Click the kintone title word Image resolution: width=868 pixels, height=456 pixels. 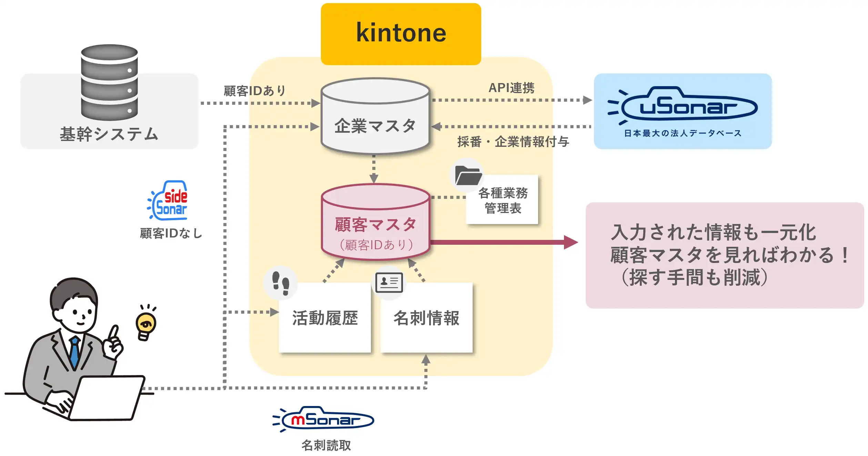coord(401,33)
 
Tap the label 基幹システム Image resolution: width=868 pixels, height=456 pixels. coord(109,134)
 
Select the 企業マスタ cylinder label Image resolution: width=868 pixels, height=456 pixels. coord(375,126)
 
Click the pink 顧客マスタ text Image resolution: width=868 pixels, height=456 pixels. coord(375,225)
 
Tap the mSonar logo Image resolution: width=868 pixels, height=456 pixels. coord(324,419)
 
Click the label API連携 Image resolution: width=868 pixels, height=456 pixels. coord(511,88)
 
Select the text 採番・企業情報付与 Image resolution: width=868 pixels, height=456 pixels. coord(513,142)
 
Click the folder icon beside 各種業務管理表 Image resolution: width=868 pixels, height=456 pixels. coord(467,175)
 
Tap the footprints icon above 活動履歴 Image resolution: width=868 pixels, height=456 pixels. coord(281,283)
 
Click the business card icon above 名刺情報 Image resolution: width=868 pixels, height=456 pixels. coord(389,282)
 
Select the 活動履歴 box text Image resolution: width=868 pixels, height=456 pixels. coord(325,318)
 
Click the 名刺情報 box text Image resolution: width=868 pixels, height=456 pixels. coord(426,318)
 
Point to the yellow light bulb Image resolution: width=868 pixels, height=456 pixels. coord(146,324)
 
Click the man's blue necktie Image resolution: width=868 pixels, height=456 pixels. coord(74,352)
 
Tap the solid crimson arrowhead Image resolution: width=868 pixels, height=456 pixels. coord(571,242)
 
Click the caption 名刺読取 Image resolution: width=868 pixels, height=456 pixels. coord(326,445)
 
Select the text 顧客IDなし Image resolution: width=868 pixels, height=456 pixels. coord(171,233)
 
